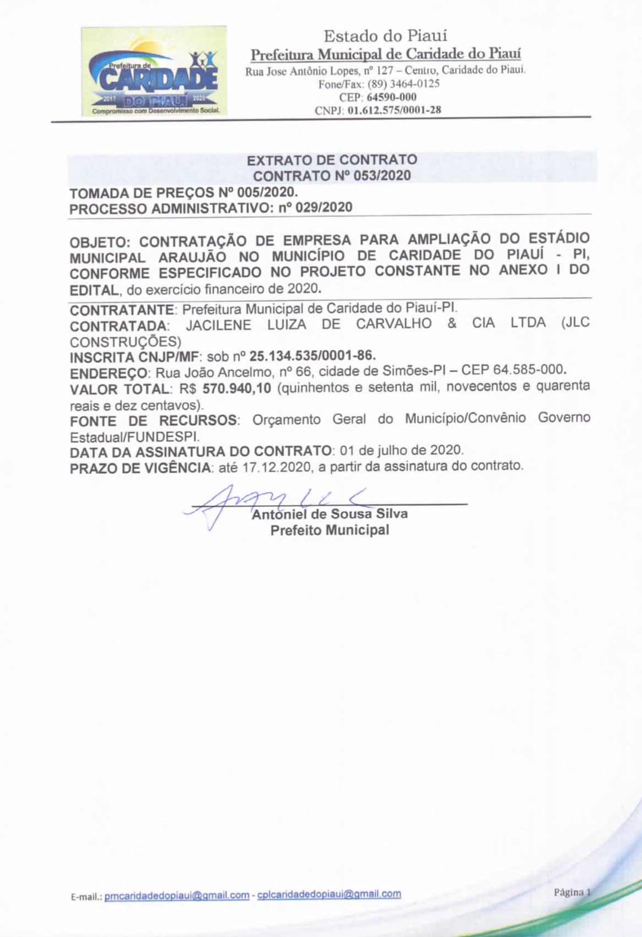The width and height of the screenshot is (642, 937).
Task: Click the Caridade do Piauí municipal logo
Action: coord(153,71)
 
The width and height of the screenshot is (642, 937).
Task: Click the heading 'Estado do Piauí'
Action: coord(385,36)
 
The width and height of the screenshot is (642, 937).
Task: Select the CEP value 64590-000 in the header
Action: coord(392,97)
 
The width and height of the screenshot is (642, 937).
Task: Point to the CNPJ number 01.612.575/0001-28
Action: coord(394,110)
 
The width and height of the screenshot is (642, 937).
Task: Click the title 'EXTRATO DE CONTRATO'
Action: coord(332,160)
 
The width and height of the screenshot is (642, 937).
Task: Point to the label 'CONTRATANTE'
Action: coord(122,310)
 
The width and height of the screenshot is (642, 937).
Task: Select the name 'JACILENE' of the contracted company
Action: coord(218,324)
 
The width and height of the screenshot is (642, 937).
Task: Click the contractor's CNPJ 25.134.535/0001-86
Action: coord(312,356)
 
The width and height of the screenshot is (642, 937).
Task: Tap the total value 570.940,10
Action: coord(237,388)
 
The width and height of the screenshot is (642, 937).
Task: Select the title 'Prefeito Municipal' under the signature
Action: coord(330,530)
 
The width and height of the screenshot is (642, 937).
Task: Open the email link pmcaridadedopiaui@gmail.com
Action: coord(177,895)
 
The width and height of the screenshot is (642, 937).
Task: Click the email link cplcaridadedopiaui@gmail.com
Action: coord(329,894)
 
